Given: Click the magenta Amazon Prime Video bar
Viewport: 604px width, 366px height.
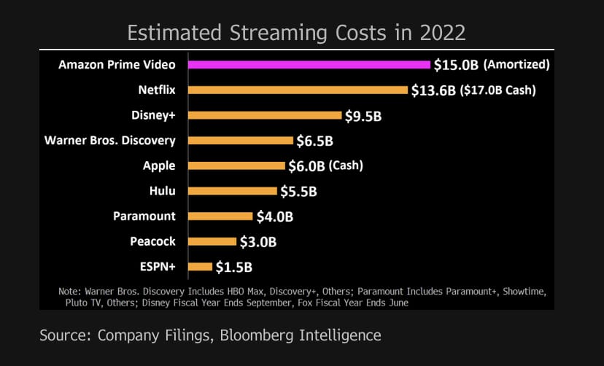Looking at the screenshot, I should tap(309, 64).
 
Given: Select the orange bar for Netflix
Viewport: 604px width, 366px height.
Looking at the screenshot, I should tap(298, 90).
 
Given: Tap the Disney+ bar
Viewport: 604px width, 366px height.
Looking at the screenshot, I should tap(265, 115).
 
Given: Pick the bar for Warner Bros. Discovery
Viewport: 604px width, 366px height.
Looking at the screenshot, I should tap(240, 141).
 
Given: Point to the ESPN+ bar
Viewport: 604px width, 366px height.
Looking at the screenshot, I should tap(200, 267).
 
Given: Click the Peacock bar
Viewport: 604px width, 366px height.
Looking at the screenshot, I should tap(212, 241).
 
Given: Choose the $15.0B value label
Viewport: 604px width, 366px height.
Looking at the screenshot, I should tap(456, 65).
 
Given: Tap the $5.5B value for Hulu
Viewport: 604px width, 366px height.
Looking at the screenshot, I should tap(299, 191).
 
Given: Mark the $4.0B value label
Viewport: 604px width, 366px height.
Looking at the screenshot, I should tap(274, 217).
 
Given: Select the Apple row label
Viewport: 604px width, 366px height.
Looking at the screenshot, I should tap(159, 166).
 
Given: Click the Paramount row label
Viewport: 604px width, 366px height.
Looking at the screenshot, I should tap(144, 216).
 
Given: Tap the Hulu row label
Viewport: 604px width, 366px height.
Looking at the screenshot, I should tap(161, 191).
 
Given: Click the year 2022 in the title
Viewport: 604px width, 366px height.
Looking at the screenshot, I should tap(441, 34).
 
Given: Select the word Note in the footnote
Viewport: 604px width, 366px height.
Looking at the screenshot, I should tap(70, 292).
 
